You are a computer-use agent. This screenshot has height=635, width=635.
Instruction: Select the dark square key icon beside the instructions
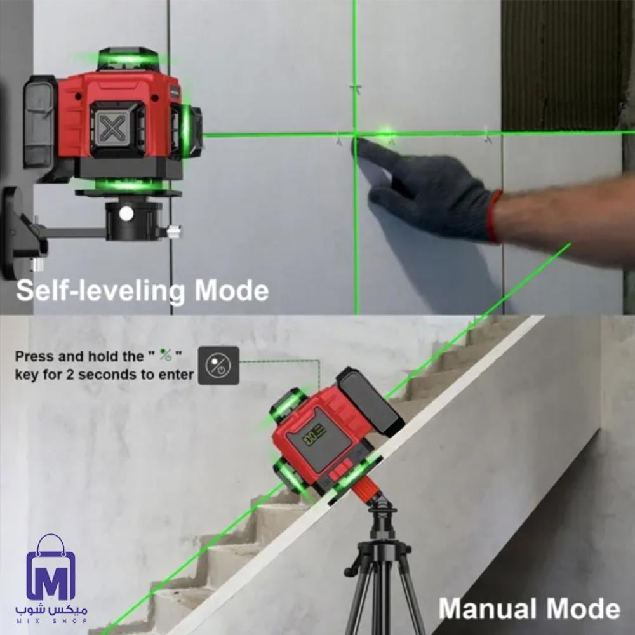pos(218,366)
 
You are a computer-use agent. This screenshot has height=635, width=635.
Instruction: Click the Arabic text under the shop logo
pos(51,610)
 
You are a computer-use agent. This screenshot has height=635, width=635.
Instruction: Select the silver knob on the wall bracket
pos(174,232)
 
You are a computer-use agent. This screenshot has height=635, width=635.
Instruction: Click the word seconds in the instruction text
pos(107,375)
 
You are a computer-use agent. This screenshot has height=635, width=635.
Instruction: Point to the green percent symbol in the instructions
pos(166,355)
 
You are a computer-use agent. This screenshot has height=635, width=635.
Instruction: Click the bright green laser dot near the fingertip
pos(386,133)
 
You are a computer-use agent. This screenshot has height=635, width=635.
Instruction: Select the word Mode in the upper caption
pos(232,290)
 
